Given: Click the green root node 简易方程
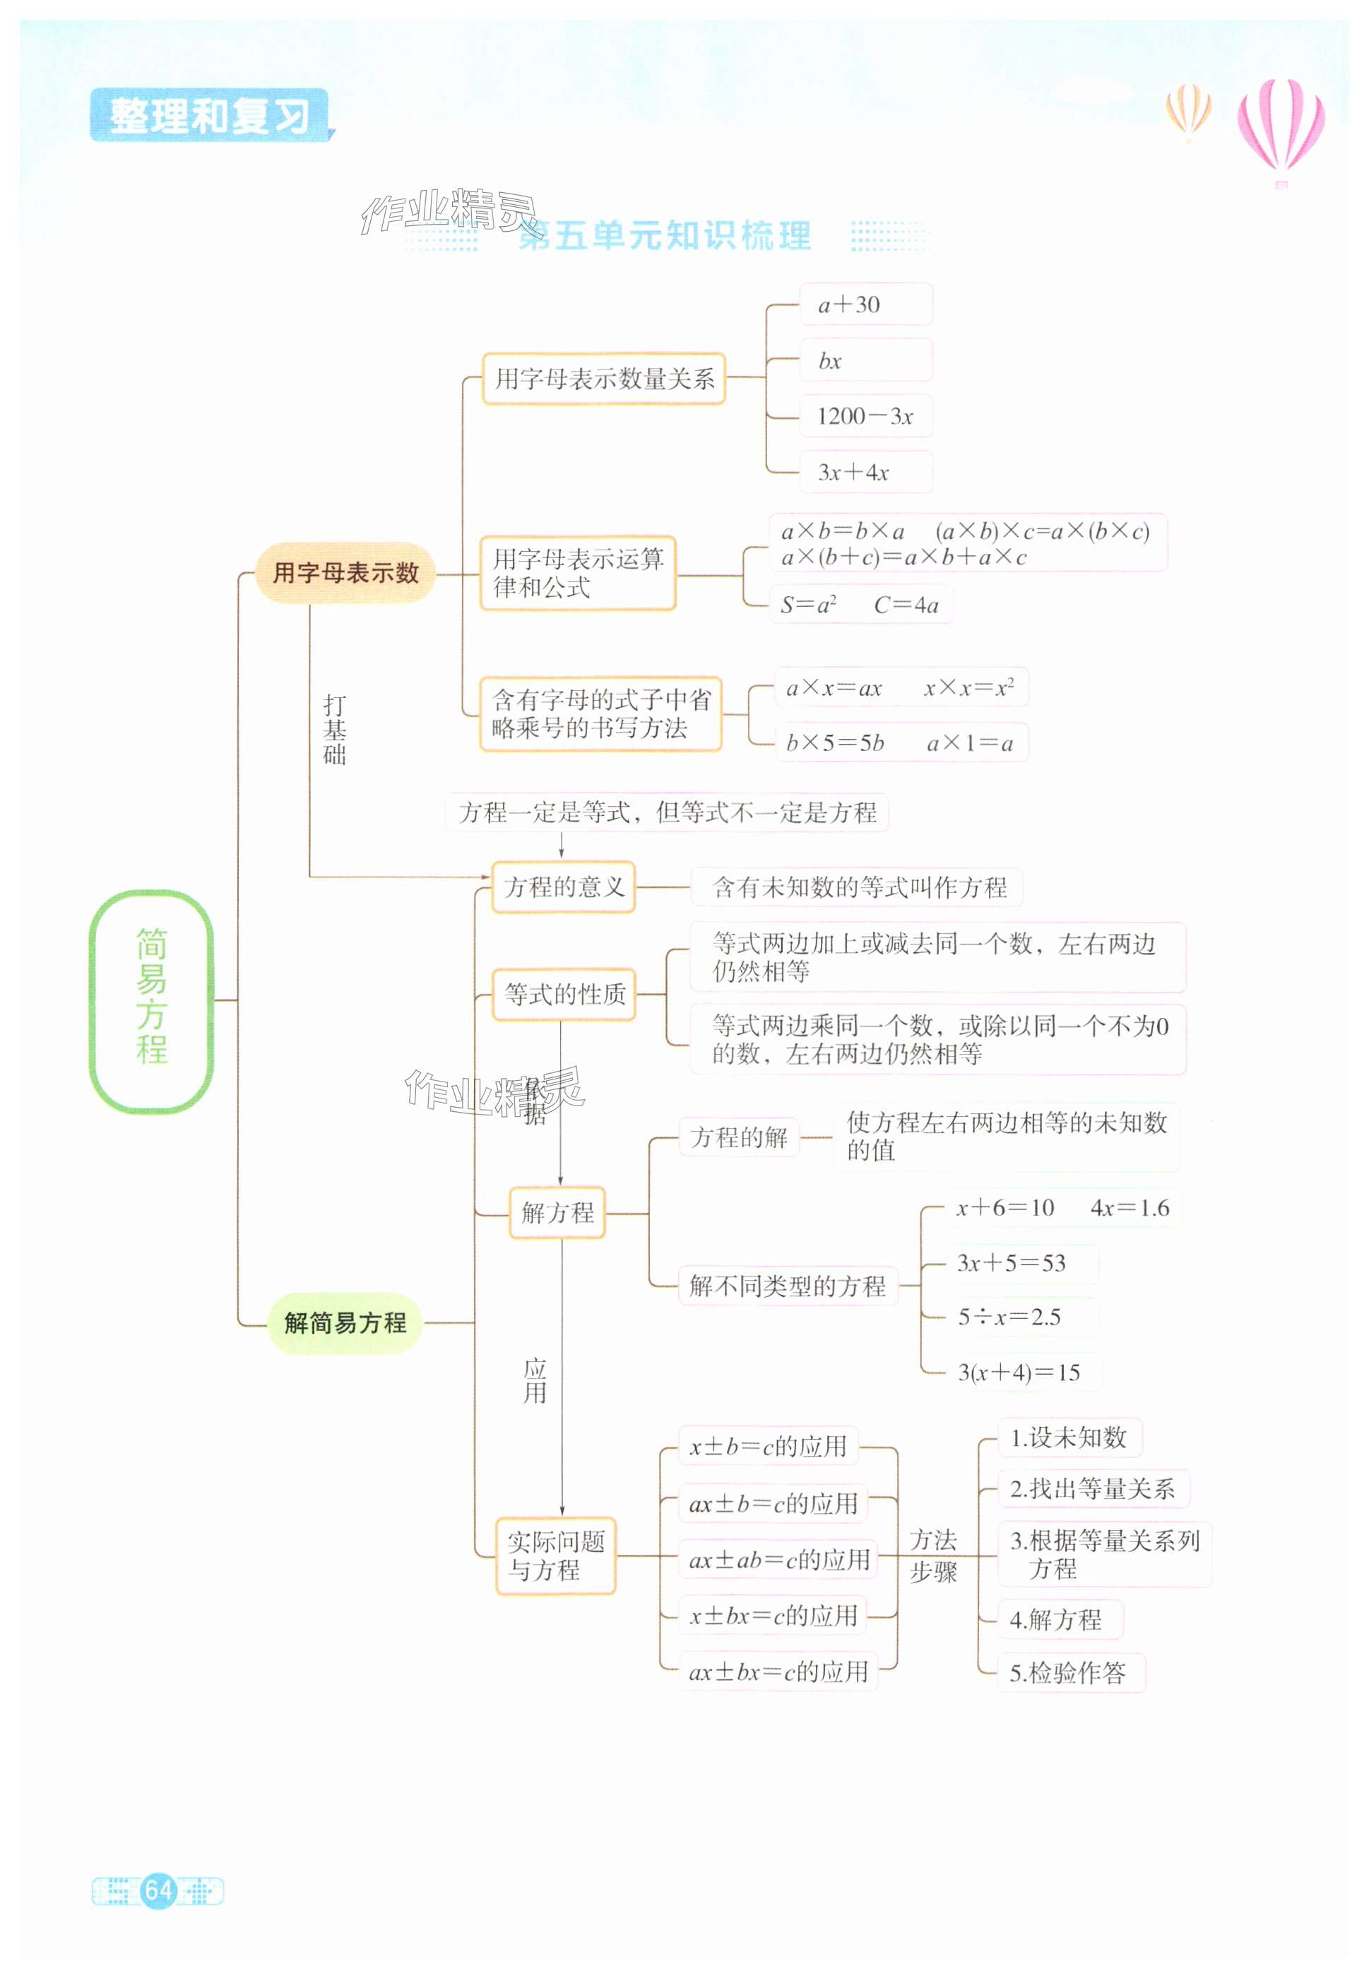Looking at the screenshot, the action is pos(151,1000).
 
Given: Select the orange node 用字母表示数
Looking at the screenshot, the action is pos(345,572).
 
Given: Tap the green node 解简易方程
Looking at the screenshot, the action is pos(345,1322).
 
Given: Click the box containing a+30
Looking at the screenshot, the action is pos(865,304).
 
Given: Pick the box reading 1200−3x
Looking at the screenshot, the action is pos(865,416).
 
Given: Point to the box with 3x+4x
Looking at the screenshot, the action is pos(865,472).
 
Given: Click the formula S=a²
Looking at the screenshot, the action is pos(808,605).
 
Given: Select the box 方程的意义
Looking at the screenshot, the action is pos(564,887).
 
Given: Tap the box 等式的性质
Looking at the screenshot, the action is pos(564,994).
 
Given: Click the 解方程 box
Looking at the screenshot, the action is pos(557,1212).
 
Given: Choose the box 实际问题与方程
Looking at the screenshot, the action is pos(555,1555).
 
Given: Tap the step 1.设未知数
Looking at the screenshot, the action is pos(1069,1438).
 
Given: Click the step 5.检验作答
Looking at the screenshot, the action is pos(1069,1673).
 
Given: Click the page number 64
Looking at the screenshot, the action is pos(159,1890).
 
